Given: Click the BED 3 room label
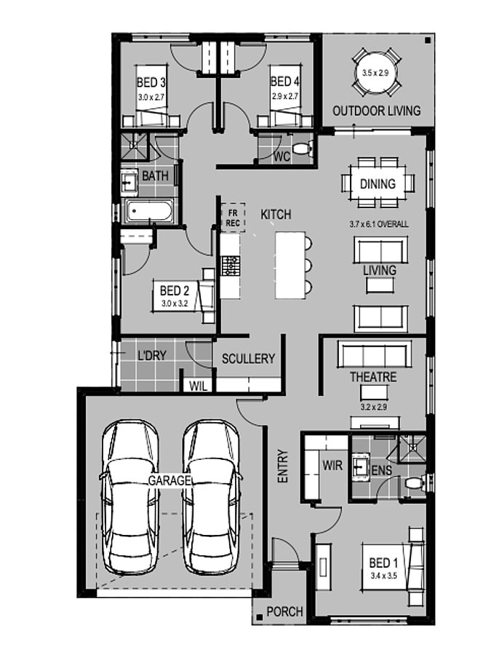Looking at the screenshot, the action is (151, 82).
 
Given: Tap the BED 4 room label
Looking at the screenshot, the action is (284, 81).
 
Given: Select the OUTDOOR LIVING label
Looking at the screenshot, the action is (377, 111).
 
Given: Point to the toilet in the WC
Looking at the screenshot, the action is (303, 148).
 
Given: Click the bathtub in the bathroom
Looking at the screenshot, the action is (149, 211).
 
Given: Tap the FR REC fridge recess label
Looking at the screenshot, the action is (233, 218).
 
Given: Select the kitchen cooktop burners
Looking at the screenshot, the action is (231, 266).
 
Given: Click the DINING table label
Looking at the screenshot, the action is (378, 183).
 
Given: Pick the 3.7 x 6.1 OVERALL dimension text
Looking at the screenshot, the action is (379, 224).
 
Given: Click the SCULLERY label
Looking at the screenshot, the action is (249, 358).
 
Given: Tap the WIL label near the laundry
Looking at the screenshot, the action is (199, 386).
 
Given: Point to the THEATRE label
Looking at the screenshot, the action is (373, 377).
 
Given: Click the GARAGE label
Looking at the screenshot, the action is (170, 481).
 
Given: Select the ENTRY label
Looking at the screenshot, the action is (283, 467).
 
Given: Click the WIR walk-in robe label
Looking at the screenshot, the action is (332, 465).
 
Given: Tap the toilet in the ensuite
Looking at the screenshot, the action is (415, 483).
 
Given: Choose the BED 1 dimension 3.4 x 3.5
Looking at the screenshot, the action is (383, 576).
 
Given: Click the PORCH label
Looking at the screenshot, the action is (284, 611).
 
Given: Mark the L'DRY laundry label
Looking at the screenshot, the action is (152, 355).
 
